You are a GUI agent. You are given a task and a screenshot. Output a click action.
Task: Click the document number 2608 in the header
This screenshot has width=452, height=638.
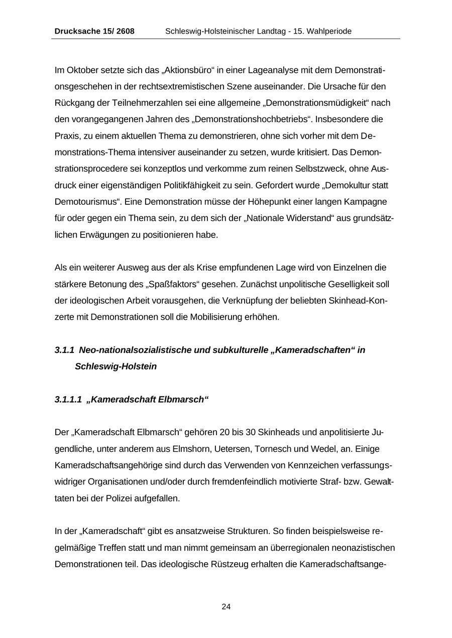pyautogui.click(x=126, y=31)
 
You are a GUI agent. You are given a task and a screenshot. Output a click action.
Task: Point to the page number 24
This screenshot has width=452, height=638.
pyautogui.click(x=226, y=607)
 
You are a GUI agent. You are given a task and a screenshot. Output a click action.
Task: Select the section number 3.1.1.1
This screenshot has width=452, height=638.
pyautogui.click(x=68, y=400)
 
